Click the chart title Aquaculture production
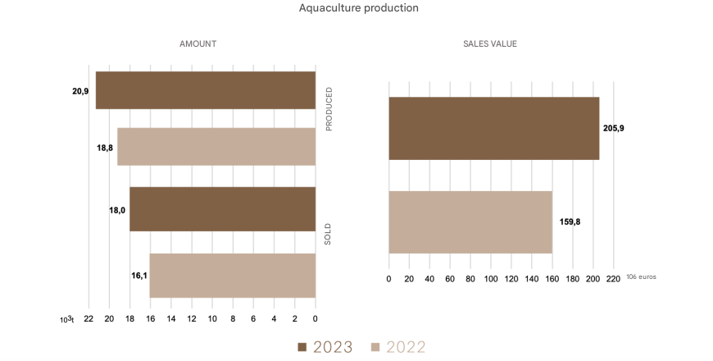pyautogui.click(x=359, y=8)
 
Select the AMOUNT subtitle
pyautogui.click(x=198, y=43)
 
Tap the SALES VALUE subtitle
pyautogui.click(x=490, y=43)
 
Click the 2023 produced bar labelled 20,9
pyautogui.click(x=206, y=90)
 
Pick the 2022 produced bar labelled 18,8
pyautogui.click(x=216, y=147)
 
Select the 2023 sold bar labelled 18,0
pyautogui.click(x=222, y=209)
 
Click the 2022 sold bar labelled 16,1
pyautogui.click(x=232, y=275)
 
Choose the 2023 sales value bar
pyautogui.click(x=493, y=128)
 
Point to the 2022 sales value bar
pyautogui.click(x=470, y=222)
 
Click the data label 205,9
pyautogui.click(x=614, y=129)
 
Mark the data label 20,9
pyautogui.click(x=80, y=91)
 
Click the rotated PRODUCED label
pyautogui.click(x=329, y=108)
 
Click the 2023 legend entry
pyautogui.click(x=325, y=347)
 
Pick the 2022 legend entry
pyautogui.click(x=398, y=347)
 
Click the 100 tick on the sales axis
pyautogui.click(x=491, y=279)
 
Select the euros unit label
pyautogui.click(x=641, y=277)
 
